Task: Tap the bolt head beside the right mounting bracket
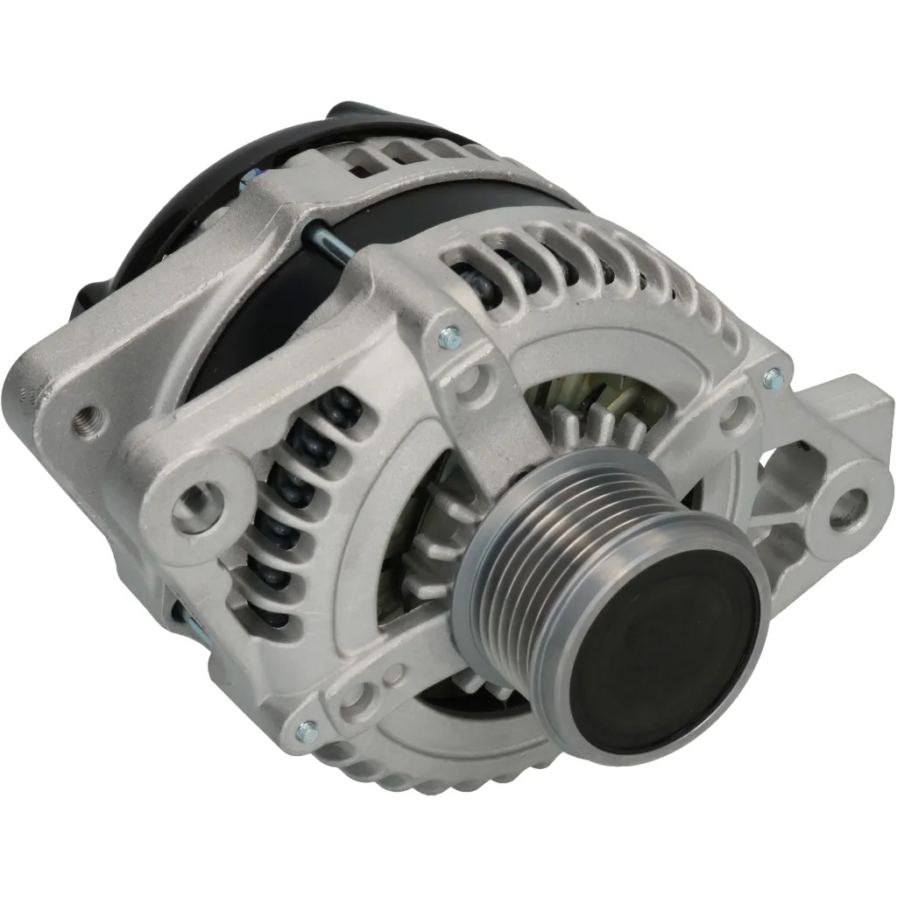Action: pos(772,378)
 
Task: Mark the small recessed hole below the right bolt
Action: pos(738,412)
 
